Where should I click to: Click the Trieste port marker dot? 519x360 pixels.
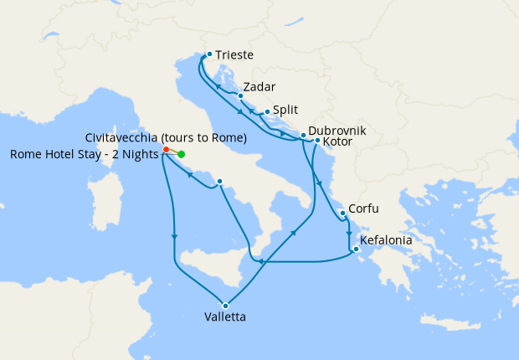(x=208, y=55)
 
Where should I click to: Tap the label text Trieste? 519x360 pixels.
(x=234, y=56)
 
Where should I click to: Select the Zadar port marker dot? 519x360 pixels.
(x=240, y=95)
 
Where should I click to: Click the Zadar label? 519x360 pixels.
(x=259, y=87)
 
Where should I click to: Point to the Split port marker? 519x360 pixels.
(x=266, y=111)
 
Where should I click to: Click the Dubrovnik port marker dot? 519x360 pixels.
(x=302, y=136)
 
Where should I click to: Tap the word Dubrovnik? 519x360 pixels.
(x=337, y=131)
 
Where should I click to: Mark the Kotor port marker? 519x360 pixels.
(x=317, y=140)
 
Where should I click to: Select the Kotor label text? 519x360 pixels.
(x=341, y=143)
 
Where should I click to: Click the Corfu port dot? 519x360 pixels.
(x=343, y=213)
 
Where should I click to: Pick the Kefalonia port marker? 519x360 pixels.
(x=356, y=249)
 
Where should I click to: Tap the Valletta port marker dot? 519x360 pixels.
(x=225, y=305)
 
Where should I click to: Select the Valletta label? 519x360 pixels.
(x=225, y=317)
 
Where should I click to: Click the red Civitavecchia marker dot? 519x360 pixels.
(x=167, y=150)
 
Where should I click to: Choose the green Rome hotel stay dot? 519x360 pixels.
(x=181, y=154)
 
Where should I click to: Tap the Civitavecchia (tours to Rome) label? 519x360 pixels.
(x=166, y=137)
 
